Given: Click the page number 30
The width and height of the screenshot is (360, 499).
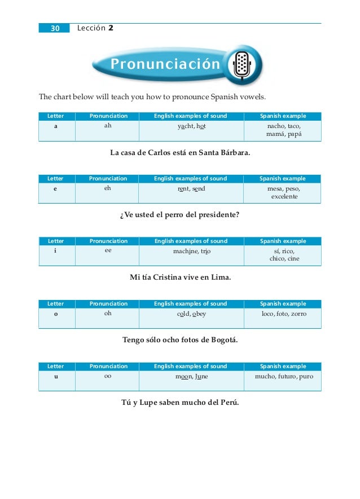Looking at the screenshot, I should coord(55,28).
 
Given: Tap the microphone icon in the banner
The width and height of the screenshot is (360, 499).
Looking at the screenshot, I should coord(242,65).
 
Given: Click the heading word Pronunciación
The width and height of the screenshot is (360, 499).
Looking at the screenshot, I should coord(165,65).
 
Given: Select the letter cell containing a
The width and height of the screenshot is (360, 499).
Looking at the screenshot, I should coord(55,126).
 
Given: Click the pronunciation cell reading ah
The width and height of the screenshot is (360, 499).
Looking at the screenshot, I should coord(108,126).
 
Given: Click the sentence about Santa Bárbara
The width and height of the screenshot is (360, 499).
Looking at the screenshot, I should coord(180,152).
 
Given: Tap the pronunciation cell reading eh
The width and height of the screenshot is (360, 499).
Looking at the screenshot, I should coord(108,188).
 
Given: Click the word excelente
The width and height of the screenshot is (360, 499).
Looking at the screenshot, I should coord(283,197).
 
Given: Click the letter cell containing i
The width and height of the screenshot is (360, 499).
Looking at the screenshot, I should coord(55,251).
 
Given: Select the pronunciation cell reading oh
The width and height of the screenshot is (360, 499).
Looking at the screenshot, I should coord(108,313).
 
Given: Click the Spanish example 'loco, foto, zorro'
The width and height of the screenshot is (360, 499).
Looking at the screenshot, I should coord(283,313).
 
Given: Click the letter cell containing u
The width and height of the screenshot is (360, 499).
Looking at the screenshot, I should coord(55,376).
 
